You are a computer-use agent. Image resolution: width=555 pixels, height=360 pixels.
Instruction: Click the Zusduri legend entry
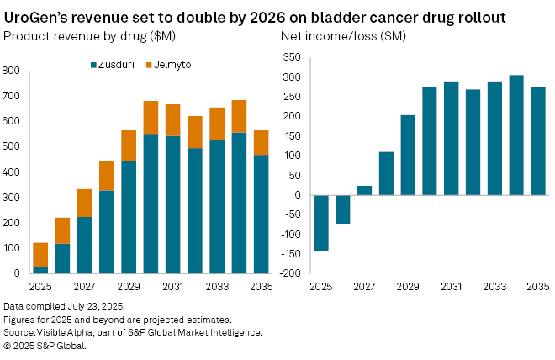point(115,64)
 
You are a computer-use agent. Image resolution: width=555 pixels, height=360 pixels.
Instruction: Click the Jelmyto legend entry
point(172,64)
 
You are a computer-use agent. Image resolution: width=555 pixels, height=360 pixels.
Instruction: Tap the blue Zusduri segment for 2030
point(151,203)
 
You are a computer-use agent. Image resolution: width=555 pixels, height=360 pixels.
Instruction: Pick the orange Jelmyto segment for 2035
point(261,142)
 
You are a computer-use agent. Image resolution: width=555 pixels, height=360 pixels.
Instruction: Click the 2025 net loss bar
point(320,223)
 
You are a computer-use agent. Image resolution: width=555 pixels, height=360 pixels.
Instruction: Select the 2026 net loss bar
point(342,209)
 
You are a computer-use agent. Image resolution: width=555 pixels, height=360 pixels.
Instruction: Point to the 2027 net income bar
point(364,190)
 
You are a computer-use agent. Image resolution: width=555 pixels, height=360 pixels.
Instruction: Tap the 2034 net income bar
point(516,135)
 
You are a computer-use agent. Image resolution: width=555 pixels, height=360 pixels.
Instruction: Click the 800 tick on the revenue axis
point(13,71)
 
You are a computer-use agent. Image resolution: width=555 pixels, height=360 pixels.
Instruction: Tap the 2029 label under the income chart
point(408,287)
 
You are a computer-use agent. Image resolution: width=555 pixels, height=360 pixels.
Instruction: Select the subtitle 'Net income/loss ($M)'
point(341,35)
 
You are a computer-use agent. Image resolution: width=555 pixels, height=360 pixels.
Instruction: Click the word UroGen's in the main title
point(38,16)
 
